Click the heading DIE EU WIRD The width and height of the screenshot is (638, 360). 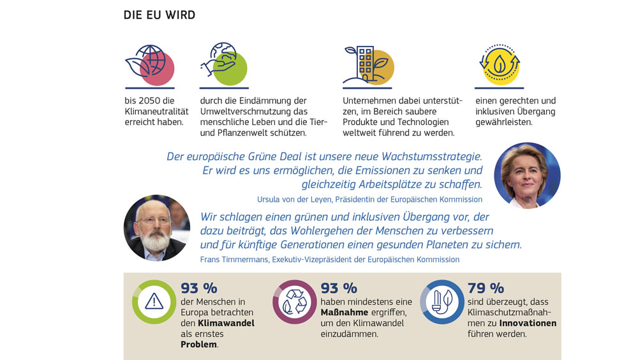coord(159,15)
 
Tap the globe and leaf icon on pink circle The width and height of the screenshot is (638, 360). coord(150,65)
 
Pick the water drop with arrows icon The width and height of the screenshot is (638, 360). coord(500,65)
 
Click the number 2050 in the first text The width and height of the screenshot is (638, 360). coord(154,101)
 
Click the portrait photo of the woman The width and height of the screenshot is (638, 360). coord(527,176)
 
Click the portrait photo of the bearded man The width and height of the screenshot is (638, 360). coord(156,228)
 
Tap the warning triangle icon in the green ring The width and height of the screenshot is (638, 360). coord(154,301)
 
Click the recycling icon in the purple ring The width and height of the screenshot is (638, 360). coord(294,301)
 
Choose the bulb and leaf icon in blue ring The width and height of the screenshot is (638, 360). coord(441,301)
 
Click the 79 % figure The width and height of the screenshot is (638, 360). coord(486,288)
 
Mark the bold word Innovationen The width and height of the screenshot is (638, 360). coord(528,324)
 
